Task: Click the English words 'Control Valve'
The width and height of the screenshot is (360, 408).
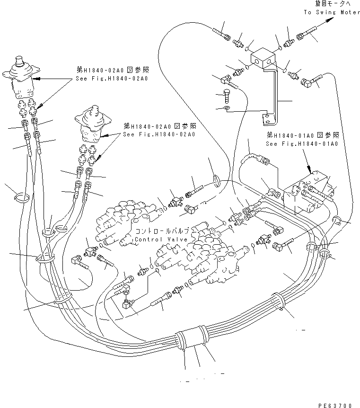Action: (162, 239)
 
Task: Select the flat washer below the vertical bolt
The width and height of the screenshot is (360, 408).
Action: (228, 110)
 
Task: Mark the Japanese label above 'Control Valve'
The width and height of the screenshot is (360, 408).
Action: (162, 231)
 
